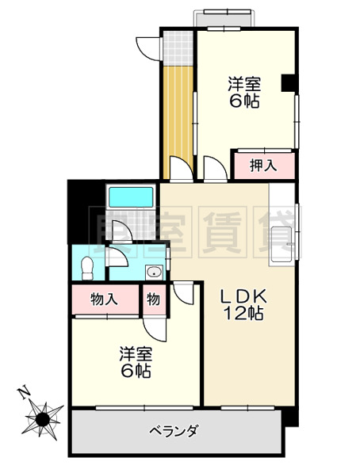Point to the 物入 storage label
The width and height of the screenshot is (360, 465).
tap(104, 299)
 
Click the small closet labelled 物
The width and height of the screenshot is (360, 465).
tap(152, 299)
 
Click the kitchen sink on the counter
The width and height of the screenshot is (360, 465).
tap(283, 237)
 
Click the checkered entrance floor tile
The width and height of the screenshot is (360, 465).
tap(178, 49)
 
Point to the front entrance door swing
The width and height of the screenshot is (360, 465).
tap(147, 48)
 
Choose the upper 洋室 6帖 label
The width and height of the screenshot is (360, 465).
tap(244, 92)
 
